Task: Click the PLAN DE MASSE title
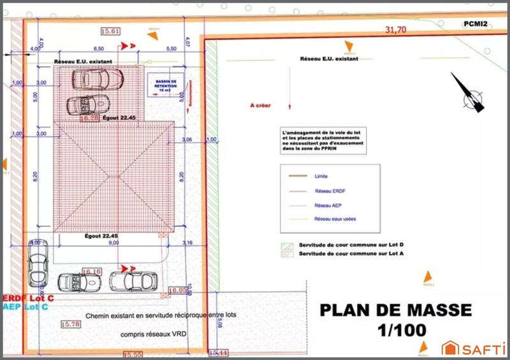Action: pos(395,310)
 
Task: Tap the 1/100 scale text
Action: pos(396,331)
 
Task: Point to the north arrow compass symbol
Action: pos(470,94)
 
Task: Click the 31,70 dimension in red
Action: pos(395,30)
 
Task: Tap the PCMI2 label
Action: pos(476,24)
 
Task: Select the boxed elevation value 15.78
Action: pos(71,324)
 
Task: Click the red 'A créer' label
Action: pos(261,106)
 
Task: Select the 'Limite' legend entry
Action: pos(321,176)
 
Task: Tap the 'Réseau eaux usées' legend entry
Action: pos(335,219)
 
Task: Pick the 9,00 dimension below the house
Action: pos(113,243)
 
